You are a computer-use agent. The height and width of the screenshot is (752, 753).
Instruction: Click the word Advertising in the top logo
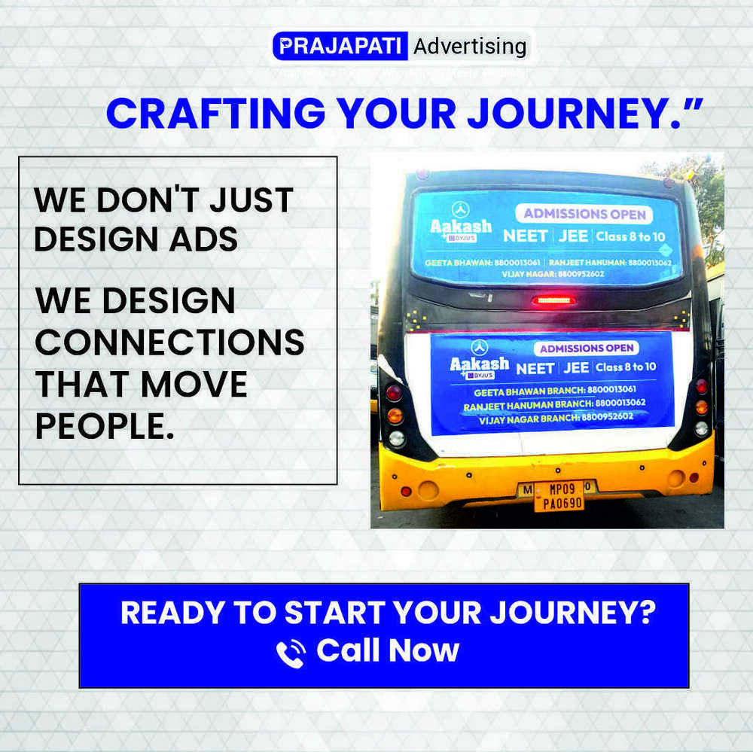(x=470, y=47)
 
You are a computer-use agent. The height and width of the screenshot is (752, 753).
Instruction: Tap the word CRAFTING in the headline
(x=215, y=114)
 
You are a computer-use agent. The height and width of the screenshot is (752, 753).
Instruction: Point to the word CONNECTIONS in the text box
(x=170, y=343)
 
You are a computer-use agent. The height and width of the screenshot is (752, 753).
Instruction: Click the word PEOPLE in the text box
(x=99, y=426)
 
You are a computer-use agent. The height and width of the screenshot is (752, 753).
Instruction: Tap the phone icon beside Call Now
(x=291, y=653)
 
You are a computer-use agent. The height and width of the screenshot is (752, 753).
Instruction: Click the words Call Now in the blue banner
(x=387, y=650)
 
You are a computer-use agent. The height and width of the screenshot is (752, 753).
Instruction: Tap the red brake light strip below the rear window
(x=553, y=300)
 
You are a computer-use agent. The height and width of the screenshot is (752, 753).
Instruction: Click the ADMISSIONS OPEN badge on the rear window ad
(x=585, y=214)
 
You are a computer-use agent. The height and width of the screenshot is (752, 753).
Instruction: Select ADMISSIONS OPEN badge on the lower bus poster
(x=587, y=349)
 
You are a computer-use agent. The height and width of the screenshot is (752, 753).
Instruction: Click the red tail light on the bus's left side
(x=394, y=392)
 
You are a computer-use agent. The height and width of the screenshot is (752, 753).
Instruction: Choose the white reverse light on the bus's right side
(x=701, y=428)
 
